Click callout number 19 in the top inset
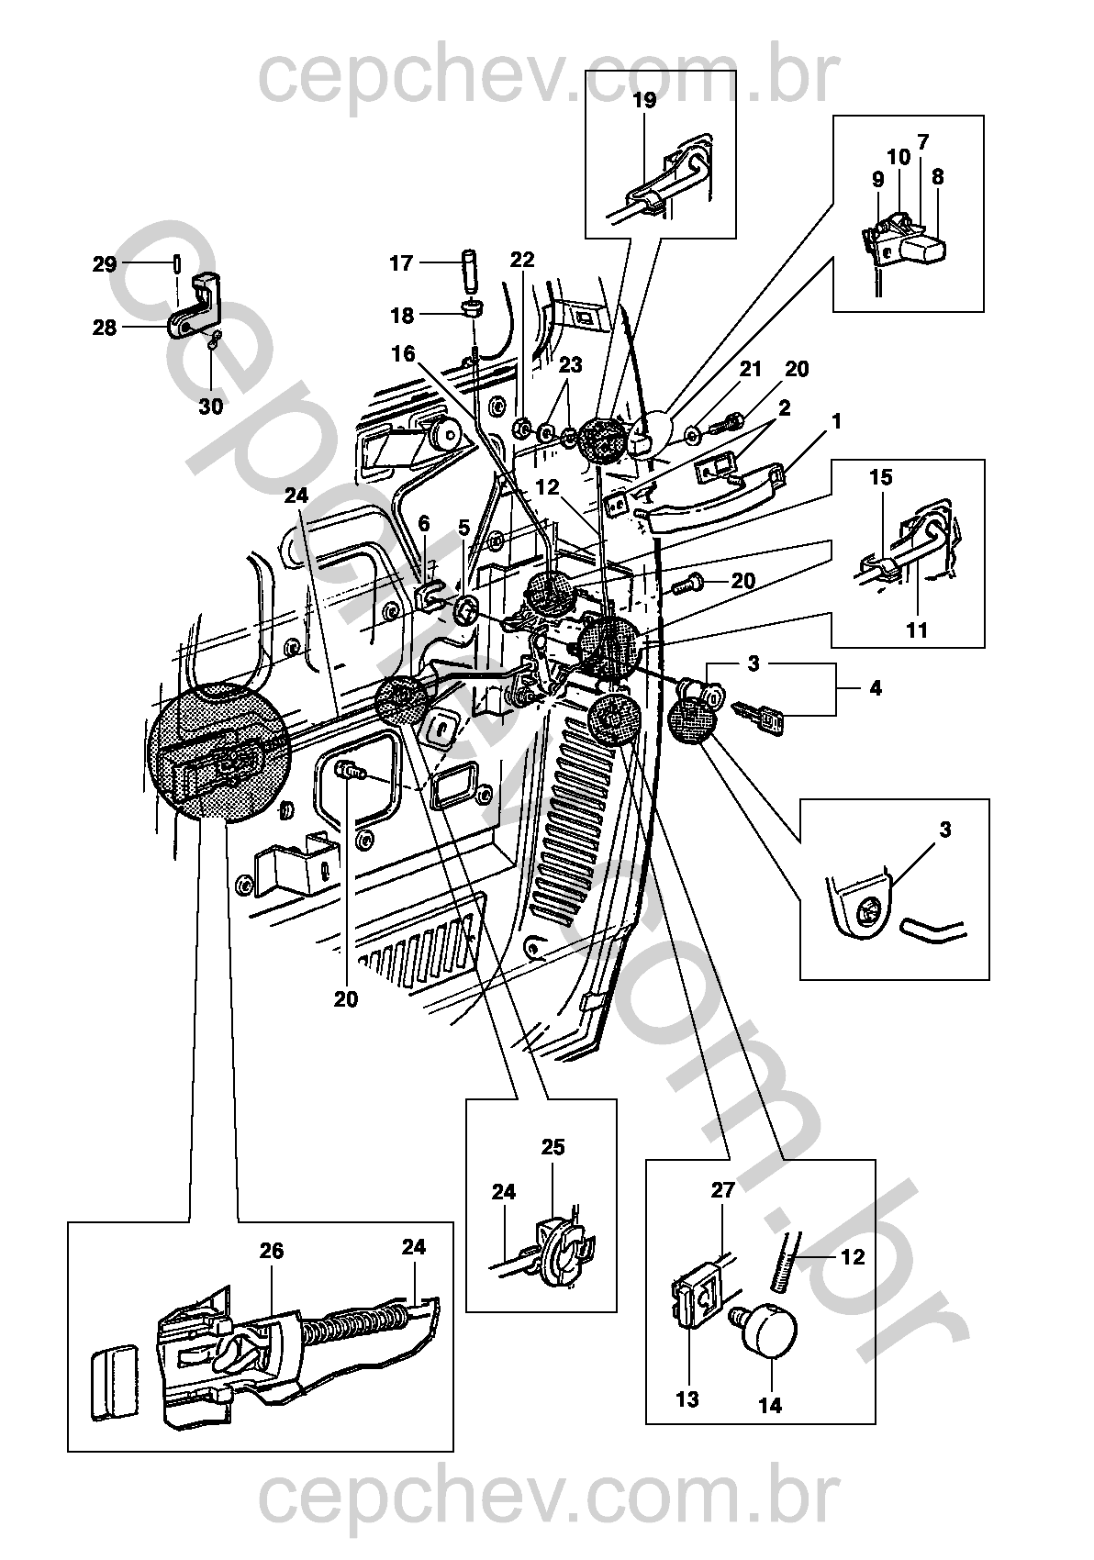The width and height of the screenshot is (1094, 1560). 645,101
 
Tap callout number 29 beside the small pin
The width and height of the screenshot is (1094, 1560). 105,265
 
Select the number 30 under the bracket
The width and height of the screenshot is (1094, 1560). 211,407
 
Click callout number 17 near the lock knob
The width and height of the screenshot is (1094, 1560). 401,263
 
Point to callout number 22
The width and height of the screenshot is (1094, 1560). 521,260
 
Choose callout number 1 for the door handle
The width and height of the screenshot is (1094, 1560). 836,422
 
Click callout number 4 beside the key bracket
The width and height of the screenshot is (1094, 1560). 875,688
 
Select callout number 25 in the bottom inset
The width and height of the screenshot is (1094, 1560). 553,1148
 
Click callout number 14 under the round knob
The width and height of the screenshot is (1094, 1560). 770,1405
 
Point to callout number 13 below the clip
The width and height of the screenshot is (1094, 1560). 687,1399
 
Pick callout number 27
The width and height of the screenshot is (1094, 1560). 723,1190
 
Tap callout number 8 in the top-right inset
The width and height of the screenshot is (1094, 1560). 937,177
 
